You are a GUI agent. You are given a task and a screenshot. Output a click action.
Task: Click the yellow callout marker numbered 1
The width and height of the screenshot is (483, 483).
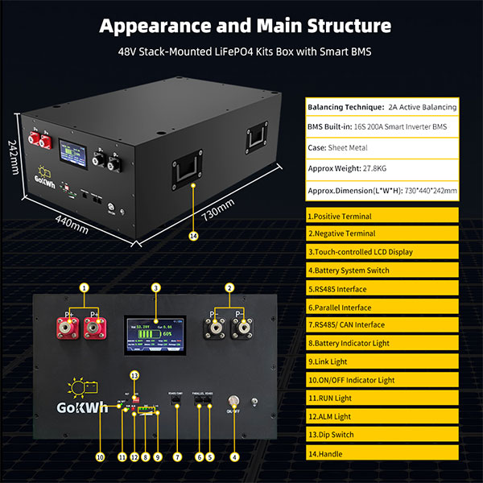tap(84, 287)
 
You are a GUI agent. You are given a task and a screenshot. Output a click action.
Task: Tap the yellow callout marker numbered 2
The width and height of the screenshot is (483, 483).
tap(229, 287)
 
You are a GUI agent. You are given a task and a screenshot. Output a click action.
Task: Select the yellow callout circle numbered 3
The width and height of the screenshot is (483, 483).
tap(155, 287)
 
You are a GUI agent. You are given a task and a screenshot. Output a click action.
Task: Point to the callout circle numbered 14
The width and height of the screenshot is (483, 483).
tap(192, 236)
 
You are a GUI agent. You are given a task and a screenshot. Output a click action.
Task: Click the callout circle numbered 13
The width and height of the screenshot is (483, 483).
tap(134, 375)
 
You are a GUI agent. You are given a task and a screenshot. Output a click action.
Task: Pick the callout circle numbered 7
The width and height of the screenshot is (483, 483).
tap(177, 457)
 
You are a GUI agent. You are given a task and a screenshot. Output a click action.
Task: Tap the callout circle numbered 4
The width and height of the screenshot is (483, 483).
tap(235, 457)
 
